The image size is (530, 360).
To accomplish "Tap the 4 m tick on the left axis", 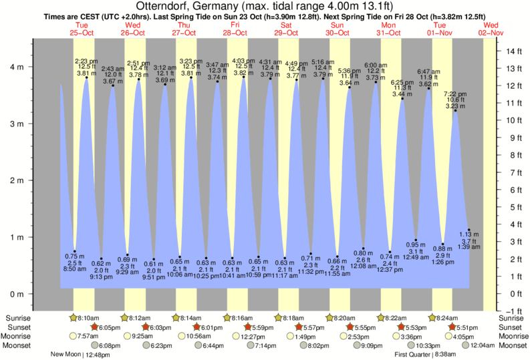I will click(x=18, y=67).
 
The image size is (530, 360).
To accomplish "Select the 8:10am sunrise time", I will click(x=87, y=319).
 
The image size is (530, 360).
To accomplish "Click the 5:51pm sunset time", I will click(x=465, y=327).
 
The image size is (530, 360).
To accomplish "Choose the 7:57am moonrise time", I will click(x=87, y=336).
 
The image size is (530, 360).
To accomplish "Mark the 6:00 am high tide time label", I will click(x=375, y=65).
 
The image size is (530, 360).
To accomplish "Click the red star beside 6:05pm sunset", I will click(x=94, y=327).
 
